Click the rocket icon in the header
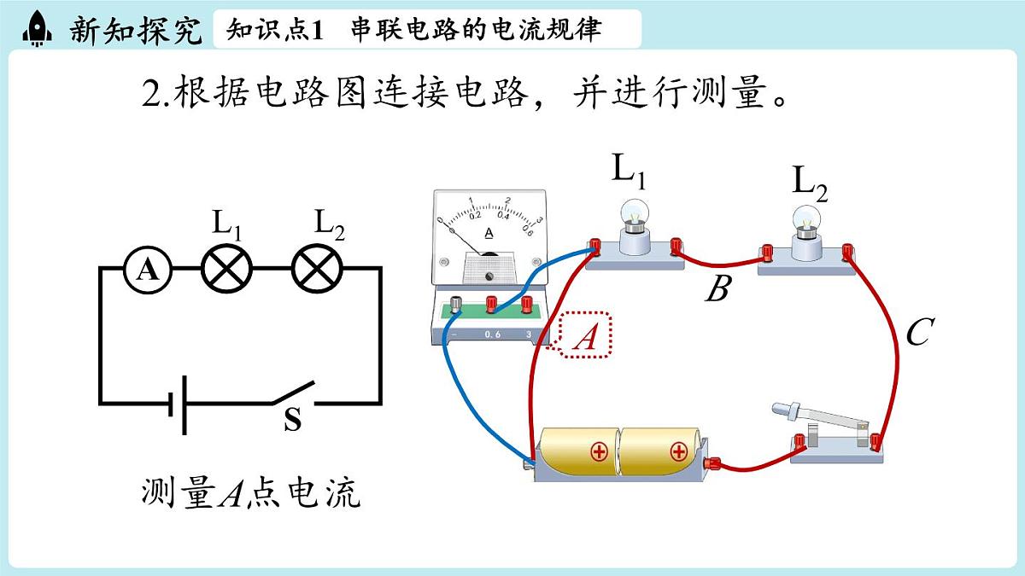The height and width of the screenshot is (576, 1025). tap(37, 28)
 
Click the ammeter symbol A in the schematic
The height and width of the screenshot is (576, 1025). tap(148, 271)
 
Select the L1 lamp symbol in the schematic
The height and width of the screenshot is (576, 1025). tap(227, 271)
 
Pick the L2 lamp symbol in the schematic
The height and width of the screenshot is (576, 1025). tap(318, 271)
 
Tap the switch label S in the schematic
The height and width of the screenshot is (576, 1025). tap(292, 421)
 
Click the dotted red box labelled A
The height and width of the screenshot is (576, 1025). tap(586, 335)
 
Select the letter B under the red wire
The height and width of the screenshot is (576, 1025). tap(717, 290)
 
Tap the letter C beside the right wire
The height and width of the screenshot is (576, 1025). tap(917, 333)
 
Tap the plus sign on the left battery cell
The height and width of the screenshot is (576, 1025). tap(599, 451)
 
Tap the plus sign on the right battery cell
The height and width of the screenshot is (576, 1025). tap(678, 451)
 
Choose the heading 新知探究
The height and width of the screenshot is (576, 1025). tap(137, 30)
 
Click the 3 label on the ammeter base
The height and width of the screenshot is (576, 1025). tap(530, 334)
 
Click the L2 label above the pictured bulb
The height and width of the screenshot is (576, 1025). tap(809, 182)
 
